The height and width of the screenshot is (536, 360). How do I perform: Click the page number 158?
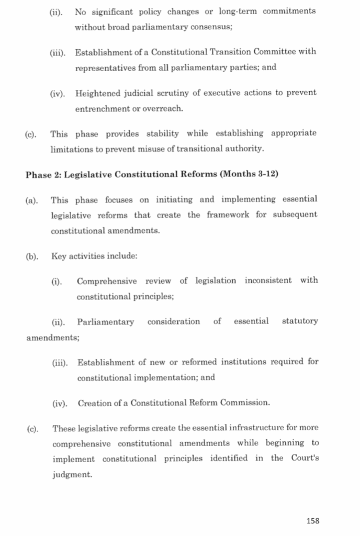coord(313,520)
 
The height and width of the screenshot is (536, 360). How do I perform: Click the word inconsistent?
coord(268,281)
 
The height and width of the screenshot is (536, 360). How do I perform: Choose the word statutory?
coord(299,321)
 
